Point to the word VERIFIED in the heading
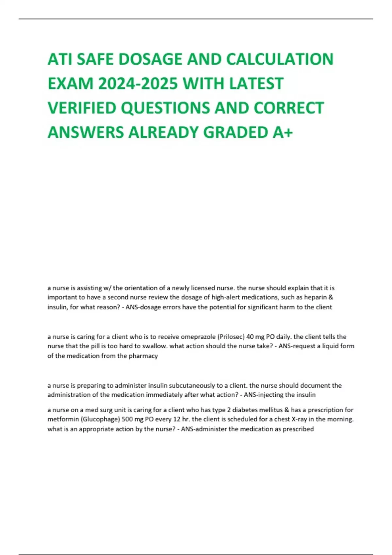click(x=82, y=108)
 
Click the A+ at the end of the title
click(x=283, y=132)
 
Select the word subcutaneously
click(x=195, y=386)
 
